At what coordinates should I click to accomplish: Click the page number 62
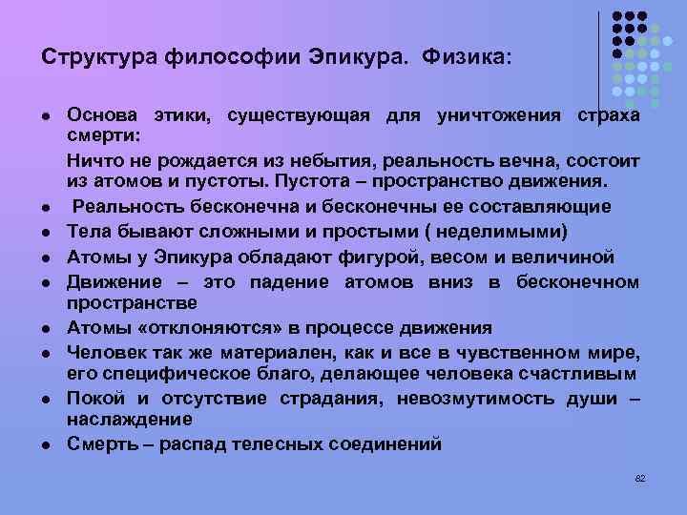[640, 477]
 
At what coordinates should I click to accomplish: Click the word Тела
[89, 232]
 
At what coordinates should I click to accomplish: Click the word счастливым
[581, 371]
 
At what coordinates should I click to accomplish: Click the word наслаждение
[129, 419]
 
